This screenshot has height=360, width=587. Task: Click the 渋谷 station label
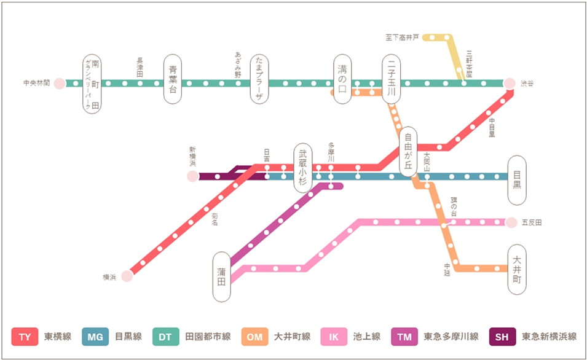528,83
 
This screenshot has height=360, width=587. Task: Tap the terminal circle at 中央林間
60,84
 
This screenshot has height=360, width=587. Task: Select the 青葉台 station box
173,79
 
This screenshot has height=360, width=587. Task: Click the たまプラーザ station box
259,79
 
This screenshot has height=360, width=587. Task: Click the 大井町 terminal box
516,270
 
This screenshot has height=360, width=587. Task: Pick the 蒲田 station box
221,276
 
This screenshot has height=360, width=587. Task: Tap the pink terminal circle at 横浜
127,276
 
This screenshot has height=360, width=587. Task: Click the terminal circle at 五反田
511,222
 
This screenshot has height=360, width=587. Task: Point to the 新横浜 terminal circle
192,176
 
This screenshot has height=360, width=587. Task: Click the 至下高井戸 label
402,37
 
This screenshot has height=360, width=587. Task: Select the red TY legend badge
25,337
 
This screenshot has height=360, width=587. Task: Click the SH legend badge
502,337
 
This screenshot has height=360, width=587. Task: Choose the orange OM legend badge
254,337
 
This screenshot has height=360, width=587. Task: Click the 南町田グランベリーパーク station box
91,84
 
